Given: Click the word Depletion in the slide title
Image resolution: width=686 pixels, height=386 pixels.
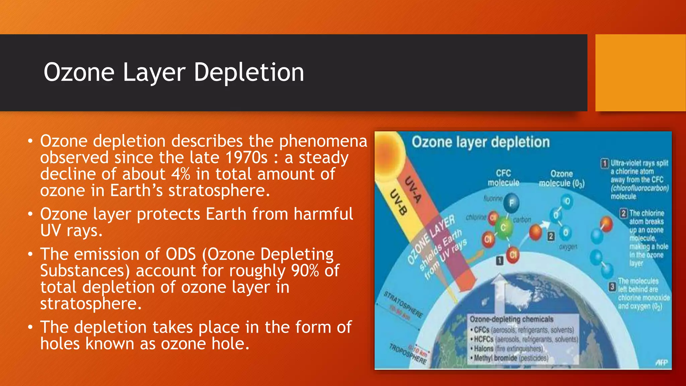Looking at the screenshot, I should click(x=249, y=72).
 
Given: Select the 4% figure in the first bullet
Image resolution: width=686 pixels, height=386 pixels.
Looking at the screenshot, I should click(x=181, y=174).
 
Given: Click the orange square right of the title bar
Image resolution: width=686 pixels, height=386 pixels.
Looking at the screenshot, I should click(x=640, y=72).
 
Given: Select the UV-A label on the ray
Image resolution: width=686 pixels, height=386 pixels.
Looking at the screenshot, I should click(x=412, y=189).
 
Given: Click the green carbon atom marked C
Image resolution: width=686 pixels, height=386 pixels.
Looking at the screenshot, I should click(x=503, y=228).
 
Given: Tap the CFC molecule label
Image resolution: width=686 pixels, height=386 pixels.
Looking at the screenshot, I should click(x=503, y=178).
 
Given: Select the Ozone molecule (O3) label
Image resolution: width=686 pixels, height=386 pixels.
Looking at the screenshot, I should click(x=561, y=179).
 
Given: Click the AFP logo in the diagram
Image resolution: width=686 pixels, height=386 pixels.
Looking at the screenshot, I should click(x=661, y=362).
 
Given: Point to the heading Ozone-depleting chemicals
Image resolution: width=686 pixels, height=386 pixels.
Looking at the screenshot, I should click(x=511, y=319).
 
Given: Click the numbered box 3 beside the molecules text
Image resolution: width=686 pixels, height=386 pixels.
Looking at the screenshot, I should click(x=612, y=287).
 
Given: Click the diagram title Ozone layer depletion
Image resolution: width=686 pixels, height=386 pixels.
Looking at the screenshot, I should click(x=480, y=142).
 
